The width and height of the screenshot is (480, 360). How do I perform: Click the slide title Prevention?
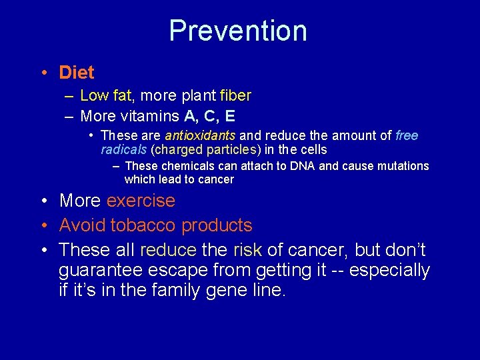tap(238, 31)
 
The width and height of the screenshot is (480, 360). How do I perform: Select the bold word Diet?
tap(77, 72)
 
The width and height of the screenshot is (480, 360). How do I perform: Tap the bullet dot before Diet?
tap(42, 73)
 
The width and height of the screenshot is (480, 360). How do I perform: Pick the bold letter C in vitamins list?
tap(210, 116)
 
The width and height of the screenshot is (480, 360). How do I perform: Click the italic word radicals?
tap(124, 149)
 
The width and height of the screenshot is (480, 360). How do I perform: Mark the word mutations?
tap(403, 166)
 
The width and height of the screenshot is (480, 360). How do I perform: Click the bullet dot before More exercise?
tap(42, 201)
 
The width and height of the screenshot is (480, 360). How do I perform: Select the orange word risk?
tap(247, 250)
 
